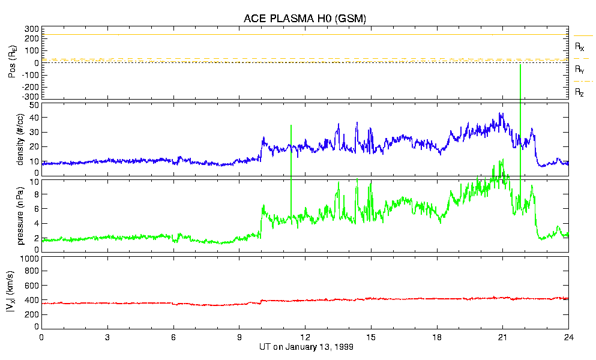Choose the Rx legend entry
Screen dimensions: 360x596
(x=580, y=46)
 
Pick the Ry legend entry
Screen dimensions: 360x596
(x=580, y=70)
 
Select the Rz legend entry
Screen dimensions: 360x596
(x=580, y=92)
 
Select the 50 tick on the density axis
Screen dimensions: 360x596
(x=34, y=105)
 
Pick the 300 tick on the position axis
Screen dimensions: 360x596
(x=32, y=29)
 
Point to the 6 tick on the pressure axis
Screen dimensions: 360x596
(x=36, y=209)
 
